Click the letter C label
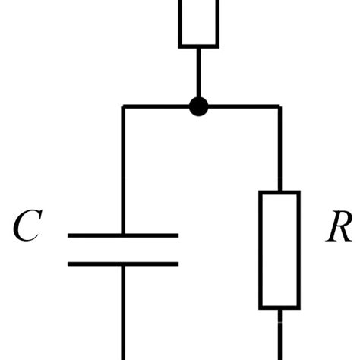[x=27, y=227]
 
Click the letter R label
[x=338, y=227]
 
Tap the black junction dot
[x=198, y=106]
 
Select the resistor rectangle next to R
[x=279, y=250]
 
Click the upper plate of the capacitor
[x=123, y=235]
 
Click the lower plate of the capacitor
[x=123, y=264]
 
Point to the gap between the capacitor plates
[x=123, y=250]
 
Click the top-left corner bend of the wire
[x=123, y=106]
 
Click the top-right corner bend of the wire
[x=279, y=106]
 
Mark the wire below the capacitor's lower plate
[x=123, y=311]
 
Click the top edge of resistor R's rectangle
[x=279, y=192]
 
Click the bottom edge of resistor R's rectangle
[x=279, y=308]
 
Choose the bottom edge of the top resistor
[x=199, y=46]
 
